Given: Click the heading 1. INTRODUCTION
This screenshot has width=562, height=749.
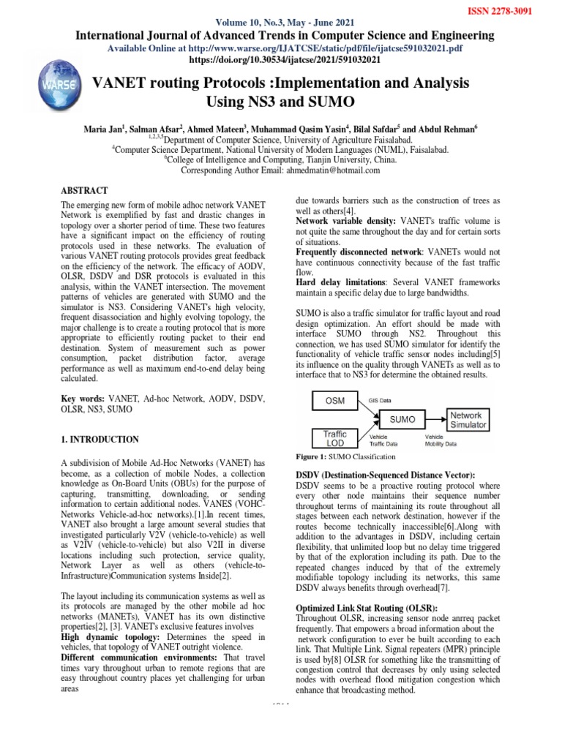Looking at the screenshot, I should click(100, 440).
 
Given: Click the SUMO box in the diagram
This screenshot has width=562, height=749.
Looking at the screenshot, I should click(402, 420).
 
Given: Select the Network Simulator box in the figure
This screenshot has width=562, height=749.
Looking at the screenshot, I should click(467, 419).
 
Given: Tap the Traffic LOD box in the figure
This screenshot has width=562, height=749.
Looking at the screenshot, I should click(336, 439).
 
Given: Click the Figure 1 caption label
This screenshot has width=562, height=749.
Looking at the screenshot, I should click(315, 456).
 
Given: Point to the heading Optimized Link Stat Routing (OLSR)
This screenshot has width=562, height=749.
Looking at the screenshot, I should click(365, 608).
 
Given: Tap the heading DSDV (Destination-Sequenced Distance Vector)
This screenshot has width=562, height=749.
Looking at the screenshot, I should click(384, 475).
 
